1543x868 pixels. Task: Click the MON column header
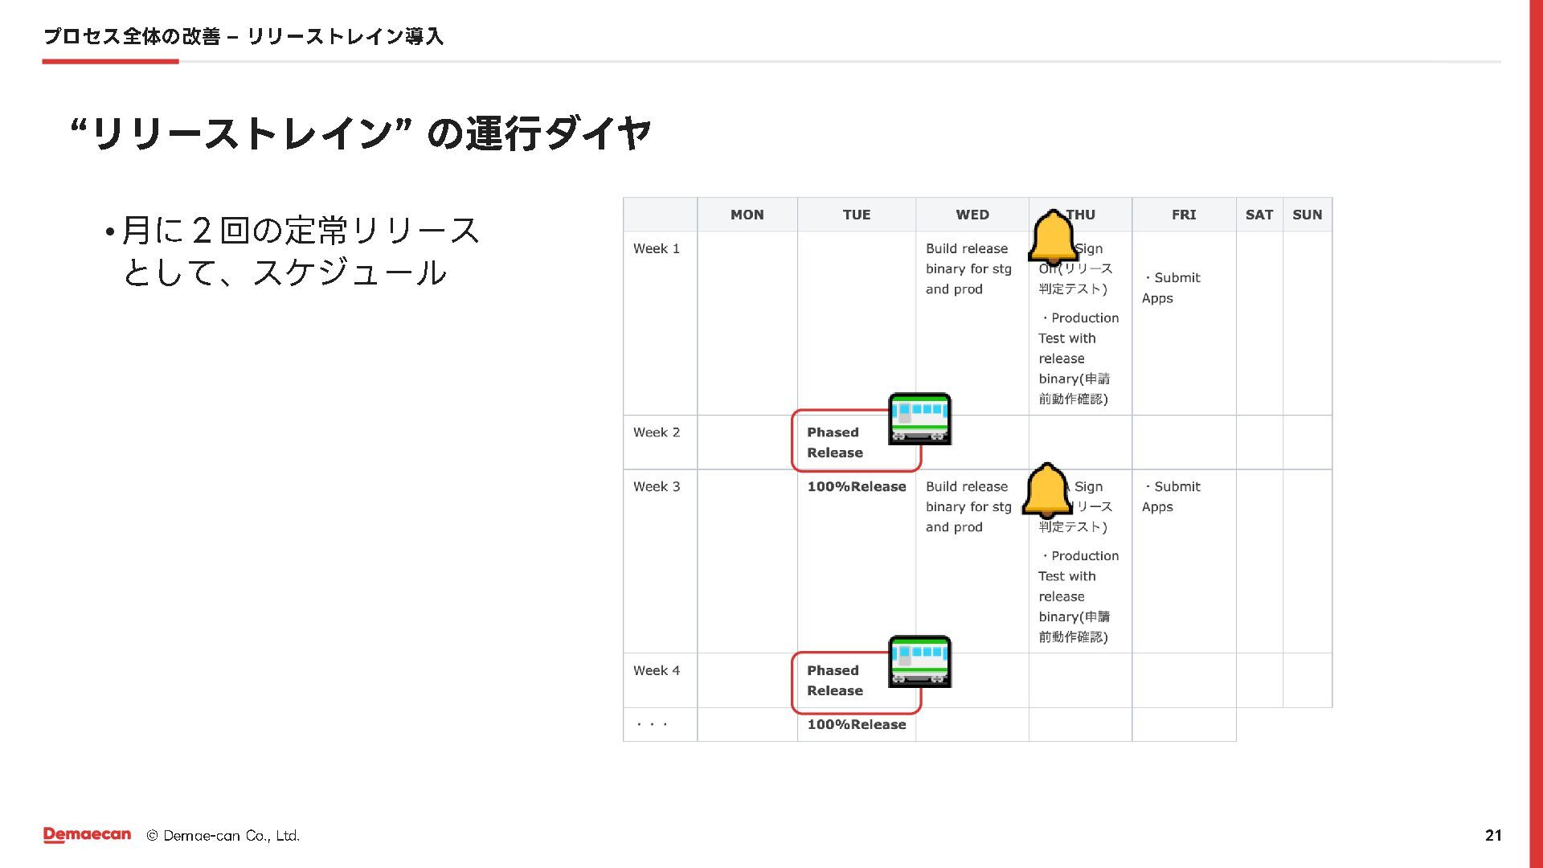[x=747, y=215]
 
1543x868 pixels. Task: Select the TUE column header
[x=856, y=215]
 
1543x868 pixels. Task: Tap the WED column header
[x=972, y=215]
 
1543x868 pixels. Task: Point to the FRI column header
[x=1183, y=215]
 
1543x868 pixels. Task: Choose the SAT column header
[x=1259, y=215]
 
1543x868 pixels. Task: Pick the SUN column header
[x=1307, y=215]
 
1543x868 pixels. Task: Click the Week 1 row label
[x=656, y=248]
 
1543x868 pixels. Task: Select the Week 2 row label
[x=656, y=432]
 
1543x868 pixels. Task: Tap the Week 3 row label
[x=656, y=486]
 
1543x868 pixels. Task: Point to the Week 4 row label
[x=656, y=670]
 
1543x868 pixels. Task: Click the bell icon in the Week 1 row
[x=1053, y=238]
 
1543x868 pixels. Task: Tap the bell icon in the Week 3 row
[x=1047, y=490]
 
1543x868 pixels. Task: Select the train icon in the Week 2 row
[x=919, y=419]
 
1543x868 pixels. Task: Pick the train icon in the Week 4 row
[x=919, y=661]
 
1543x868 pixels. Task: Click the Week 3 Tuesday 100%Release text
[x=856, y=486]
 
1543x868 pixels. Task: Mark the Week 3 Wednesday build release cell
[x=968, y=506]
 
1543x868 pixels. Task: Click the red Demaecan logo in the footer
[x=87, y=835]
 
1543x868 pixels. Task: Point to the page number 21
[x=1493, y=835]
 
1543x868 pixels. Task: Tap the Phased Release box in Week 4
[x=836, y=681]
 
